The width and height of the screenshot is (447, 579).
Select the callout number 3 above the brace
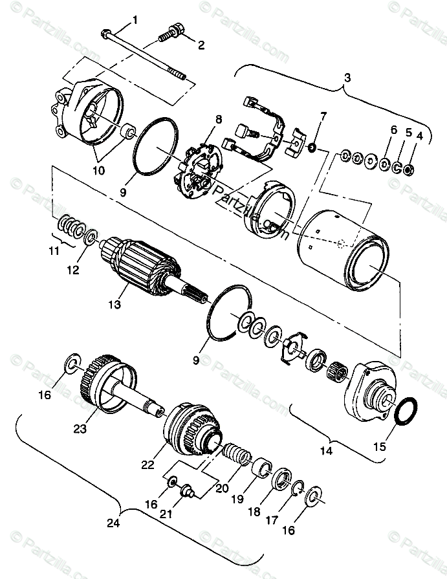tap(347, 77)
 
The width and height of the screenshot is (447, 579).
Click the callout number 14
tap(327, 450)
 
